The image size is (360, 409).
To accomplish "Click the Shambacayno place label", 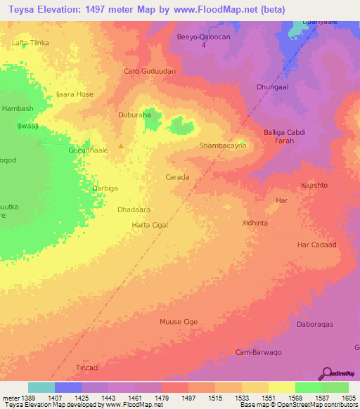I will tap(223, 145).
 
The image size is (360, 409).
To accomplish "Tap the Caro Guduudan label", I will tap(149, 71).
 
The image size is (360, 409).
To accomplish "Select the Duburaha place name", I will tap(134, 115).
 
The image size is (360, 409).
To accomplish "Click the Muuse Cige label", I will tap(179, 321).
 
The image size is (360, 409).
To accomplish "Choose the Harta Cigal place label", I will tap(150, 225).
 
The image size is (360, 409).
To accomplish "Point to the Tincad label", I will tap(87, 368).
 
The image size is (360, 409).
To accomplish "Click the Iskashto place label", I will tap(314, 185).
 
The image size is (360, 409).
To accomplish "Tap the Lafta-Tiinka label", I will tap(31, 43).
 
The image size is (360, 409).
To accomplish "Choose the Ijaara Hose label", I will tap(75, 94).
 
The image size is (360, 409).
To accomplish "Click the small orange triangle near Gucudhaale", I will tap(122, 147).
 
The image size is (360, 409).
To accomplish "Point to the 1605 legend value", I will tap(348, 398).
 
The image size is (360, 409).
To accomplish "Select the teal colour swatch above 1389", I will tap(41, 387).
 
